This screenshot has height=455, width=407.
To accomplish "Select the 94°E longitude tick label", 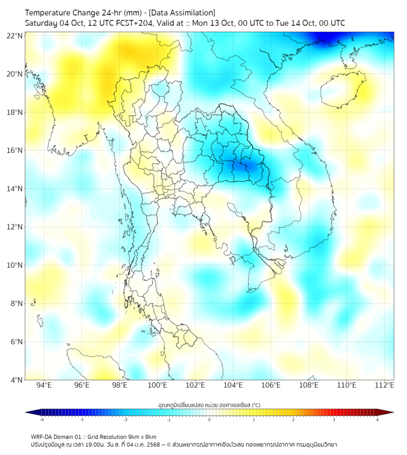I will [x=44, y=385].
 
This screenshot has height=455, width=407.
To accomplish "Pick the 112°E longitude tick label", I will [x=384, y=385].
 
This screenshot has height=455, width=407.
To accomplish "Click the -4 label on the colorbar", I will [x=42, y=419].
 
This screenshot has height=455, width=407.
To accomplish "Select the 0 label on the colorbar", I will [x=210, y=419].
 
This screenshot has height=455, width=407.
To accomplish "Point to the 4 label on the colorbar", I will [x=377, y=419].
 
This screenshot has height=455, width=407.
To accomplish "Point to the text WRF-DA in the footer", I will [x=42, y=436].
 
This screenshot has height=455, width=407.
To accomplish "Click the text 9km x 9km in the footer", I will [x=141, y=436].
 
